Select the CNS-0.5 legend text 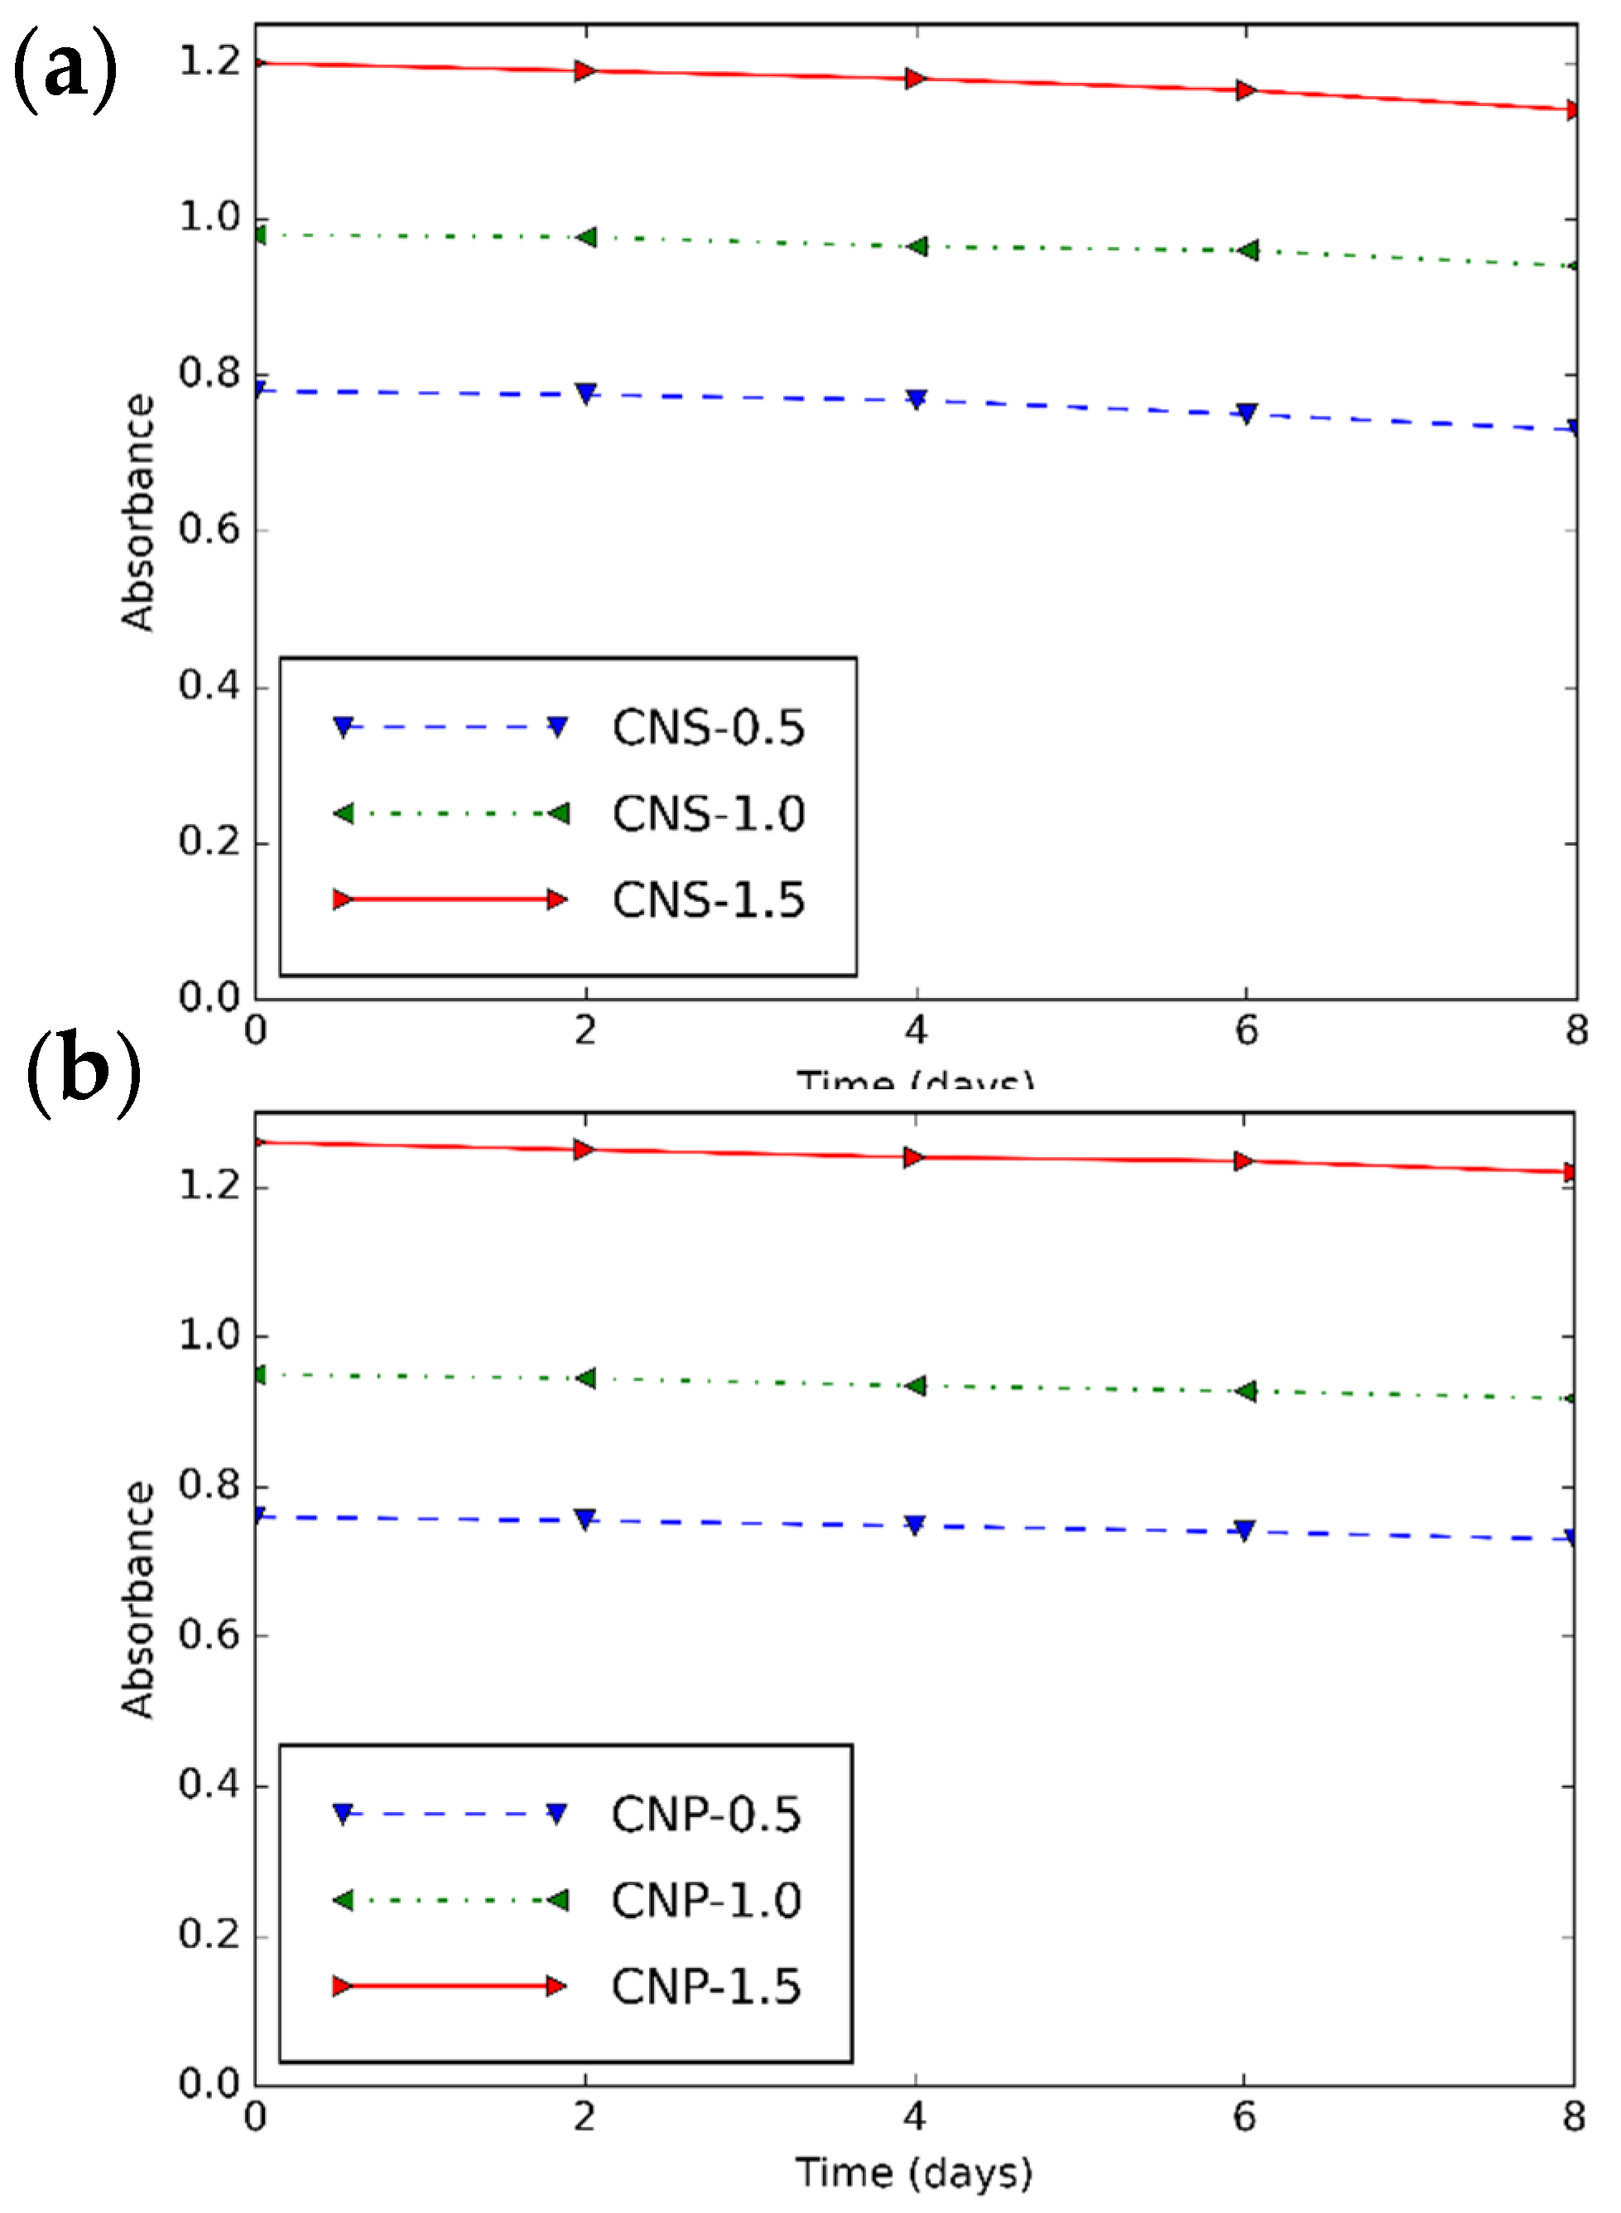pos(709,728)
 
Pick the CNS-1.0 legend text pos(709,813)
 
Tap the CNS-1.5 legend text pos(709,900)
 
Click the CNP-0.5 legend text pos(705,1815)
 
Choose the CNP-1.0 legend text pos(705,1901)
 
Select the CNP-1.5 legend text pos(705,1987)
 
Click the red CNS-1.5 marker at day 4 pos(916,79)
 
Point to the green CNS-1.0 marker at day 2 pos(586,238)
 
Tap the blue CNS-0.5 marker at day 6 pos(1246,413)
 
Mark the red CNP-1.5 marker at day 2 pos(584,1150)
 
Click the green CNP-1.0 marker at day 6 pos(1245,1391)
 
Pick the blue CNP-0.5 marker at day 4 pos(915,1525)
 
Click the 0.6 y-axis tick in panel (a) pos(209,530)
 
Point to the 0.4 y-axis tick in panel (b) pos(209,1785)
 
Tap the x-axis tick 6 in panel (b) pos(1244,2117)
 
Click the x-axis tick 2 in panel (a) pos(586,1030)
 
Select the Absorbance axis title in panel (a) pos(137,513)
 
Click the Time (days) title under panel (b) pos(913,2174)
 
